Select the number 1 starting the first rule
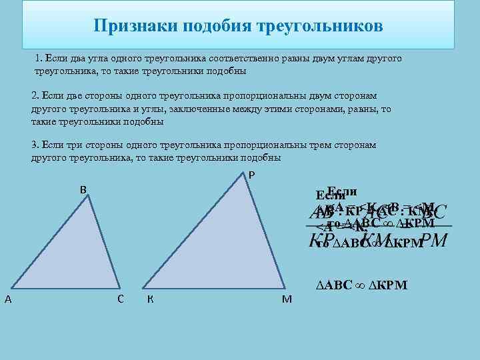tap(39, 59)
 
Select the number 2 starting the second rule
tap(34, 97)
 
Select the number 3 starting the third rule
tap(34, 145)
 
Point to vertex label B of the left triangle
tap(83, 189)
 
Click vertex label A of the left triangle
tap(7, 299)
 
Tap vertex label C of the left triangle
tap(120, 298)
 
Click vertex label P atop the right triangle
tap(251, 175)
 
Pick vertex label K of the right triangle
tap(151, 298)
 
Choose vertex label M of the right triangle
tap(287, 299)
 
